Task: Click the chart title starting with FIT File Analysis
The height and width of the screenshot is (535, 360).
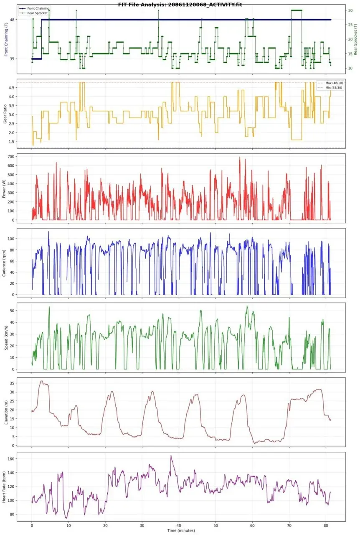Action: (180, 4)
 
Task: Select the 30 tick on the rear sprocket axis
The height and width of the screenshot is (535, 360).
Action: (350, 10)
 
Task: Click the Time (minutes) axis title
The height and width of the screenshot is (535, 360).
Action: (181, 530)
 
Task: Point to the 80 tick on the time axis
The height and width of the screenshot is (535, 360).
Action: (326, 525)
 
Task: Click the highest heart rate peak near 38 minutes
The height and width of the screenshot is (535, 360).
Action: (171, 456)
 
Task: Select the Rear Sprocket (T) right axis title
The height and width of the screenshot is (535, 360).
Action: (355, 40)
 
